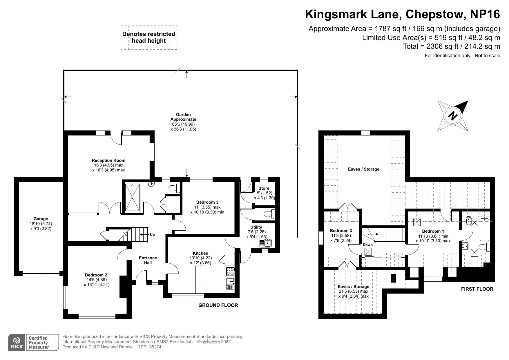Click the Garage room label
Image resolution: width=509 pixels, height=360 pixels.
pyautogui.click(x=41, y=219)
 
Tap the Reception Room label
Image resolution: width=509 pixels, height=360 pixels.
pyautogui.click(x=108, y=160)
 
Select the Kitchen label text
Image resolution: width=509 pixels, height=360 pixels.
pyautogui.click(x=201, y=253)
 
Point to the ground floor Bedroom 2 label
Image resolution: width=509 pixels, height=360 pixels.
pyautogui.click(x=96, y=275)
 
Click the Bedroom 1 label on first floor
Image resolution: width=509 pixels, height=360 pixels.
pyautogui.click(x=433, y=231)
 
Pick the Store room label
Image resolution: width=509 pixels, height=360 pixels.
pyautogui.click(x=264, y=188)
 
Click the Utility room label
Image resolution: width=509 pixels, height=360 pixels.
pyautogui.click(x=256, y=227)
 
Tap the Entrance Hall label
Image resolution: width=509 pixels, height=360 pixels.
pyautogui.click(x=148, y=260)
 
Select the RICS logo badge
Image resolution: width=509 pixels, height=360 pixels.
pyautogui.click(x=17, y=343)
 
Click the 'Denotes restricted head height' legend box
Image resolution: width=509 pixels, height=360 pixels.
pyautogui.click(x=149, y=37)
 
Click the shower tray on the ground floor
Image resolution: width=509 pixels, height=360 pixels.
pyautogui.click(x=132, y=197)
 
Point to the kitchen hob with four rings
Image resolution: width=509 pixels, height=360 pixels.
pyautogui.click(x=230, y=272)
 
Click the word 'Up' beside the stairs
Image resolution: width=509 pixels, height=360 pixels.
pyautogui.click(x=152, y=235)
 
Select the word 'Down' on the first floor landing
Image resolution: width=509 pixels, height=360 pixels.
pyautogui.click(x=368, y=245)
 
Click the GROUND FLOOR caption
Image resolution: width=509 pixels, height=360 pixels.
pyautogui.click(x=218, y=305)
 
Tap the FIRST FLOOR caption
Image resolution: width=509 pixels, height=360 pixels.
pyautogui.click(x=477, y=289)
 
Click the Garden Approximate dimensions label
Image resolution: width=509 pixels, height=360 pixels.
pyautogui.click(x=183, y=122)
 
